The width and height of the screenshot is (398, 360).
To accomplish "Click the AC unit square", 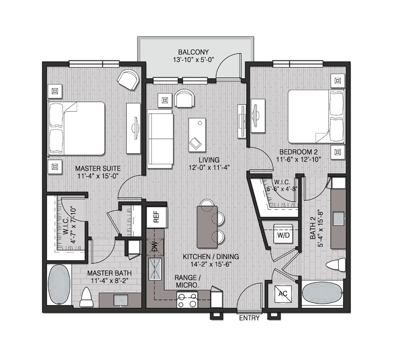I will coord(283,293).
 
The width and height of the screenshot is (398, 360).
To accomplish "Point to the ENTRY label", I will coord(249,318).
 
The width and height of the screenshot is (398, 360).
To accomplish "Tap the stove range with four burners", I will coord(188,300).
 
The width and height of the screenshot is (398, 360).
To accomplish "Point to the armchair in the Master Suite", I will coord(128,80).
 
